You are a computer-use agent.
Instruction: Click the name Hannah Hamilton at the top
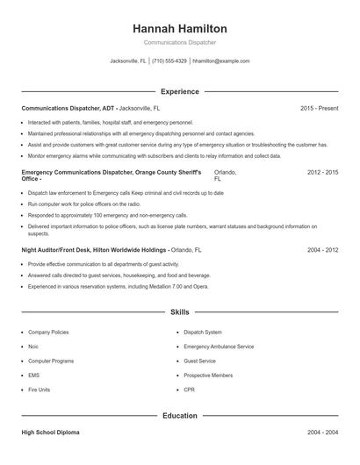click(x=179, y=29)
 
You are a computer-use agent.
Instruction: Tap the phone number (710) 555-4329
click(x=169, y=61)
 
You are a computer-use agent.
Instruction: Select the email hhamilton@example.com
click(x=220, y=61)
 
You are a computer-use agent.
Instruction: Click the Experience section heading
click(x=179, y=91)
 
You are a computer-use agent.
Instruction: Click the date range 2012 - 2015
click(x=322, y=173)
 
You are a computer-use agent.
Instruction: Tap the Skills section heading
click(x=179, y=311)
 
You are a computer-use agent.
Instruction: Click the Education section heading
click(x=179, y=416)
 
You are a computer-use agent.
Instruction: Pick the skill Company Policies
click(x=48, y=333)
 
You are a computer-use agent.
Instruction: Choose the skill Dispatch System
click(x=202, y=333)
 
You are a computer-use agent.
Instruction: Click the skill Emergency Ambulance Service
click(x=219, y=347)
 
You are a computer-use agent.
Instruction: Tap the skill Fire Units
click(x=40, y=389)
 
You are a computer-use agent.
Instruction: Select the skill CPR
click(x=189, y=389)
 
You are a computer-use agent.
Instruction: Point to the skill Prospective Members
click(x=208, y=375)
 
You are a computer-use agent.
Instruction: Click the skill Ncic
click(x=33, y=347)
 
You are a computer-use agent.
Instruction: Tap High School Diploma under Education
click(x=52, y=433)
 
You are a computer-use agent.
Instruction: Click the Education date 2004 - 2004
click(x=322, y=433)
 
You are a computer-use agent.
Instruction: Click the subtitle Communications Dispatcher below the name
click(x=179, y=42)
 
